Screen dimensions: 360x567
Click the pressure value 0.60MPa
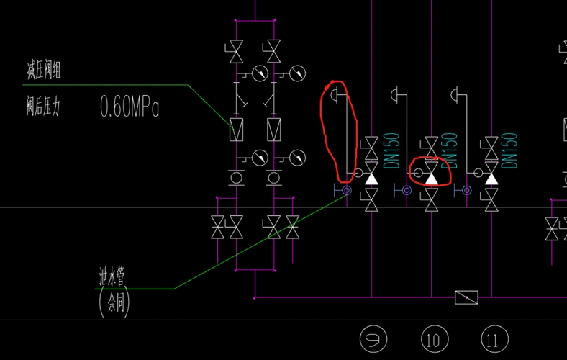(x=130, y=108)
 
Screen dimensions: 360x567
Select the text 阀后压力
(x=42, y=108)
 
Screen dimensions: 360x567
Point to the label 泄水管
(x=116, y=276)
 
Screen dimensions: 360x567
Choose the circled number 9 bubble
(x=373, y=339)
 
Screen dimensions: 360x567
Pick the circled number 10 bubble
(x=433, y=339)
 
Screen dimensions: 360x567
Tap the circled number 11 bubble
(x=494, y=339)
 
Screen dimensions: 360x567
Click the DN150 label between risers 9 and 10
(x=391, y=150)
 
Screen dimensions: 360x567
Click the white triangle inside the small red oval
(x=432, y=176)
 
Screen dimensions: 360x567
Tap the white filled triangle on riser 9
(x=371, y=176)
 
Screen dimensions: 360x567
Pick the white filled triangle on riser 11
(x=491, y=176)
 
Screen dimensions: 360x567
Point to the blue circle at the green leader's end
(x=346, y=190)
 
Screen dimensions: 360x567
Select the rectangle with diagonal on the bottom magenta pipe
(x=466, y=297)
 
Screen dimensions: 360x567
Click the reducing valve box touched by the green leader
(x=236, y=130)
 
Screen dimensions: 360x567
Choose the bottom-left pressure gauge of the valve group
(x=260, y=157)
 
